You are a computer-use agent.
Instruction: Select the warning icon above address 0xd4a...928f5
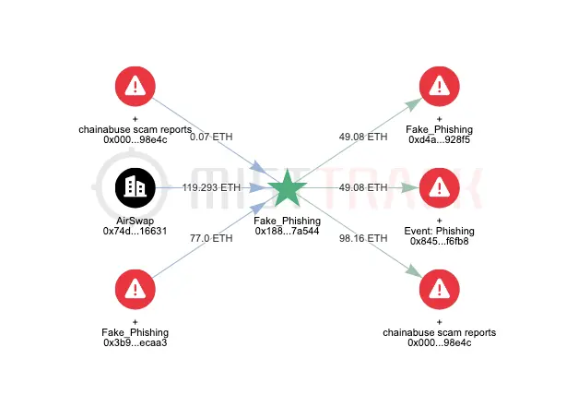[439, 87]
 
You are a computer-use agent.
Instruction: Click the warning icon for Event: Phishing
[439, 188]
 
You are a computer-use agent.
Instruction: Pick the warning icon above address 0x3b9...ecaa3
[136, 290]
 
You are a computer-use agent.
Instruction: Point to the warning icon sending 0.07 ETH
[136, 87]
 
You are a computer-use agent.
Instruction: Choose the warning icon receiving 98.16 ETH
[439, 290]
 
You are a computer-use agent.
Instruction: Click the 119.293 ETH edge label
[211, 187]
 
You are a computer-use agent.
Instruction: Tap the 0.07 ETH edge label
[211, 137]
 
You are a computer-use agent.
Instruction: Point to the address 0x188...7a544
[288, 231]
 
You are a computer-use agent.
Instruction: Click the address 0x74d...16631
[136, 231]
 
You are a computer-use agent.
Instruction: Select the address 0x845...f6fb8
[439, 242]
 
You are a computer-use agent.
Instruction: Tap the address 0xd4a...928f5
[439, 140]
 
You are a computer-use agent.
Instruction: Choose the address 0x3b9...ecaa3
[136, 343]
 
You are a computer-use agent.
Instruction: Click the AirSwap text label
[136, 221]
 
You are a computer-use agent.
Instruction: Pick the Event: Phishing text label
[439, 231]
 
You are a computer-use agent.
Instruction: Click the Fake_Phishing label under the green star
[288, 221]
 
